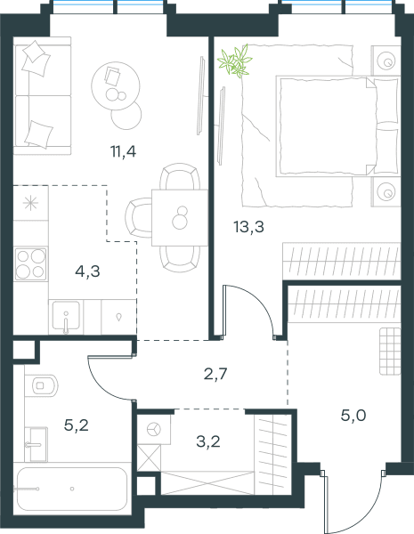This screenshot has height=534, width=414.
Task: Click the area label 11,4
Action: click(124, 151)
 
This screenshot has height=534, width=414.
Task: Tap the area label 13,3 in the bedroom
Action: click(248, 226)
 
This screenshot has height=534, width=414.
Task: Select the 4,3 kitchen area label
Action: click(87, 271)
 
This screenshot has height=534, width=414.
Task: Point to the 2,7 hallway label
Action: click(215, 374)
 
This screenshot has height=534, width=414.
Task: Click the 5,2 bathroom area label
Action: click(77, 425)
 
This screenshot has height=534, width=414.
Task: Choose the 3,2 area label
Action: click(208, 441)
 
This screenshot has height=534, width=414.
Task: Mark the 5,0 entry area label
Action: click(353, 415)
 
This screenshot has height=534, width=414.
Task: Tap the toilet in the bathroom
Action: click(42, 385)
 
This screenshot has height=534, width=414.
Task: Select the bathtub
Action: click(72, 489)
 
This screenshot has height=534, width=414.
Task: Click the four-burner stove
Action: click(30, 264)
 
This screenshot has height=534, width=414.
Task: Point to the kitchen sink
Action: click(66, 317)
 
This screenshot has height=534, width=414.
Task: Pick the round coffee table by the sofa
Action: click(116, 85)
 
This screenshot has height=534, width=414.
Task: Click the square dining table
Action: click(180, 218)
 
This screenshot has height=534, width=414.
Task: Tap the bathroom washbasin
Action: click(37, 444)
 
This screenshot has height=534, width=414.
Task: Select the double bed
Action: click(337, 126)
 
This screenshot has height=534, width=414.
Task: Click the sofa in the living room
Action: click(42, 96)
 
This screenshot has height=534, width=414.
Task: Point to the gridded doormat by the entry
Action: click(390, 352)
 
